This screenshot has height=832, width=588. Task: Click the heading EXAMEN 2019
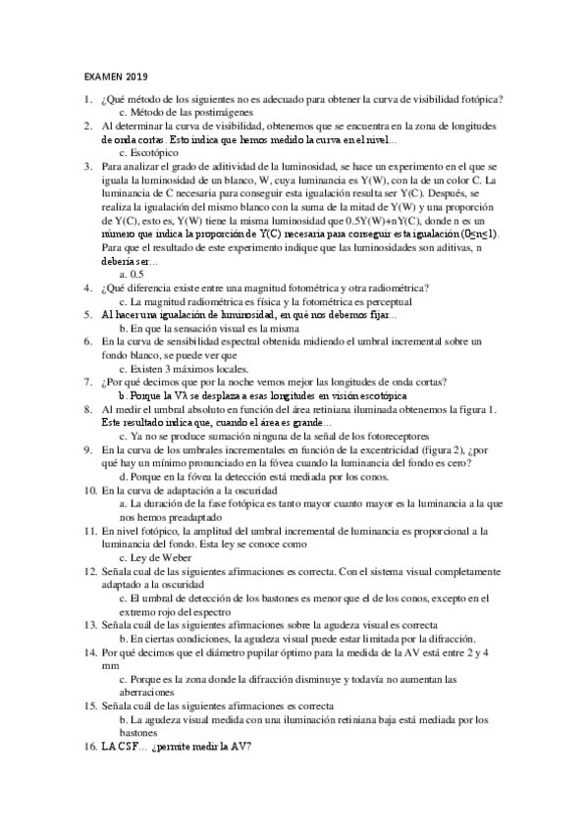pos(115,77)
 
